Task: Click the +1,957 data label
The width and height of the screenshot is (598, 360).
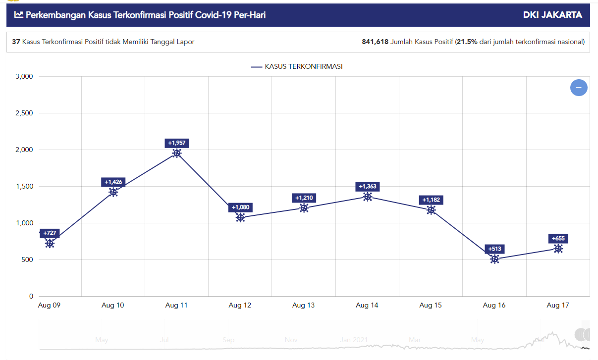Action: [177, 143]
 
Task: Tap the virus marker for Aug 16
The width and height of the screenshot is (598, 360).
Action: [494, 259]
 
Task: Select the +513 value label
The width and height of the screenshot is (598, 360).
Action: [494, 249]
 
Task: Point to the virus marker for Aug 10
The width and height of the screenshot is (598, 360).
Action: [113, 192]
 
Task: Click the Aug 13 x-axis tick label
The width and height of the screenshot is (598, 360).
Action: [303, 306]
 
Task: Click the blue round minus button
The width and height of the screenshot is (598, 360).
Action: [579, 88]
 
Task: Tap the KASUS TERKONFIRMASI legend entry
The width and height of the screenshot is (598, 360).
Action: [297, 66]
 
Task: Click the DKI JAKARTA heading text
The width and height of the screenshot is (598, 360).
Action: [552, 15]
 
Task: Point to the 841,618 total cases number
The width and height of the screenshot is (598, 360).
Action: [375, 42]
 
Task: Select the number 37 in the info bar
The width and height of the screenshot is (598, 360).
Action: [16, 42]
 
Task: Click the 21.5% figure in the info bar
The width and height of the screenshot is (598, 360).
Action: [467, 42]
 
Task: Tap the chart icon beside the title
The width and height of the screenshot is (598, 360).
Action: [19, 15]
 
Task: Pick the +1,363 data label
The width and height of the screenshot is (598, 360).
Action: [367, 187]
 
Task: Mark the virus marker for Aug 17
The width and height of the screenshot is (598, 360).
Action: [558, 249]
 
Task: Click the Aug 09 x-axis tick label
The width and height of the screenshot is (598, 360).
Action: [49, 306]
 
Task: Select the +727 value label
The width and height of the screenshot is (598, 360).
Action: [50, 233]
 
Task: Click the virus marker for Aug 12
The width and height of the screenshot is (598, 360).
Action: [240, 217]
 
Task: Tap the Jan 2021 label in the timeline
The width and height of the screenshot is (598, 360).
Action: [352, 340]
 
